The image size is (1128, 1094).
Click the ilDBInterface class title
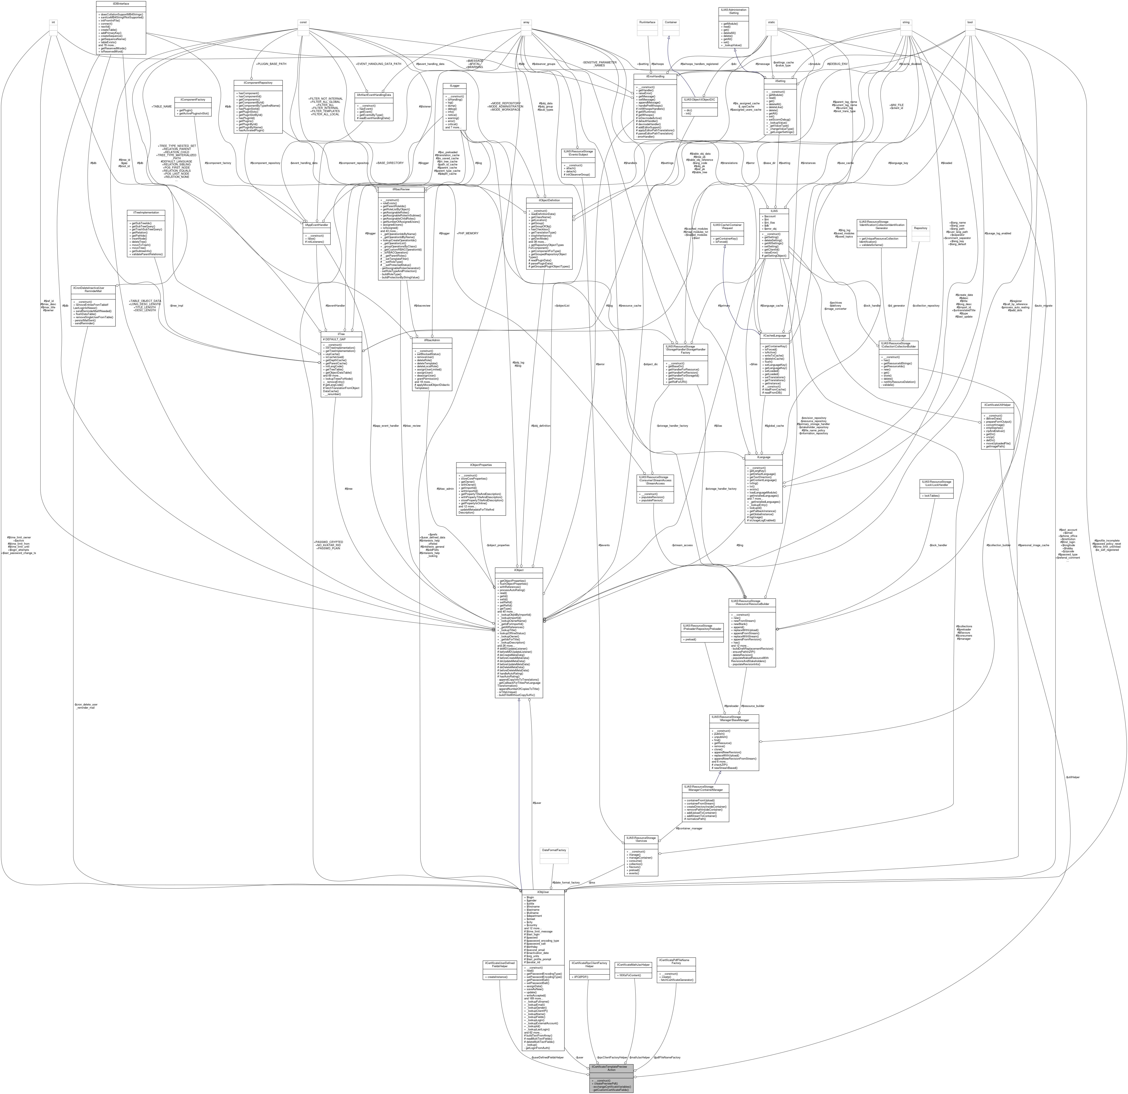tap(121, 3)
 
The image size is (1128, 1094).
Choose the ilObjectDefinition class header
tap(549, 200)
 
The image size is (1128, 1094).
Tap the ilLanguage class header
tap(763, 457)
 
